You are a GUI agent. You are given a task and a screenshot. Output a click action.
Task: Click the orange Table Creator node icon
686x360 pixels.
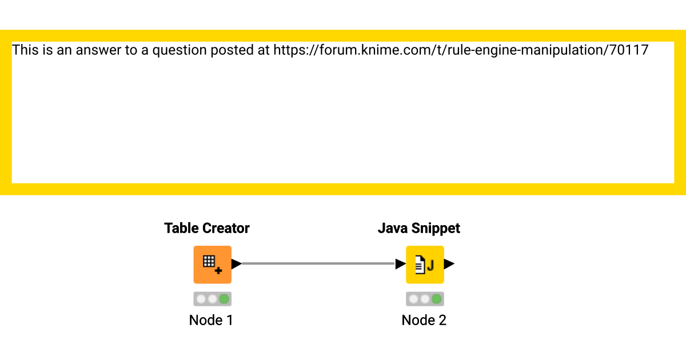212,264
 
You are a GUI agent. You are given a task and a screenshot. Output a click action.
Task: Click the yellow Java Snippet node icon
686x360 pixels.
425,264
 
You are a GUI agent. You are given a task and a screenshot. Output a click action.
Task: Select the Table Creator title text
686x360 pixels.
206,228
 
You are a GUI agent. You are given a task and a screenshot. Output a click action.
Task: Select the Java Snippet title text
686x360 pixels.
418,228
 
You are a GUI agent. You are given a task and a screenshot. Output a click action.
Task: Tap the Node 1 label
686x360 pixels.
211,320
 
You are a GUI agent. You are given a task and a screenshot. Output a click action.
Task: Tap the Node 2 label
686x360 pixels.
424,320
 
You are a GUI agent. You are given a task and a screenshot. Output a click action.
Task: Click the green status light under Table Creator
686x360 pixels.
224,299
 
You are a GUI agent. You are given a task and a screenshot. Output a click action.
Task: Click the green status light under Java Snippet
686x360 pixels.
437,299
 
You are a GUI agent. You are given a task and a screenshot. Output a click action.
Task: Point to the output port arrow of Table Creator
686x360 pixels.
236,264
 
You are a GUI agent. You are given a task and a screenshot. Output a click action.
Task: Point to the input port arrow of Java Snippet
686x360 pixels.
401,264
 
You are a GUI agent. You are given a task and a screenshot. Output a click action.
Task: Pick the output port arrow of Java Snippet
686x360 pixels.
449,264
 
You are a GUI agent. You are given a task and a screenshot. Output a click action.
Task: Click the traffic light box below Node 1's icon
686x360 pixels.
212,299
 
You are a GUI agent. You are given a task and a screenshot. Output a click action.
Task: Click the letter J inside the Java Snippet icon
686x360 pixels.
430,265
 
